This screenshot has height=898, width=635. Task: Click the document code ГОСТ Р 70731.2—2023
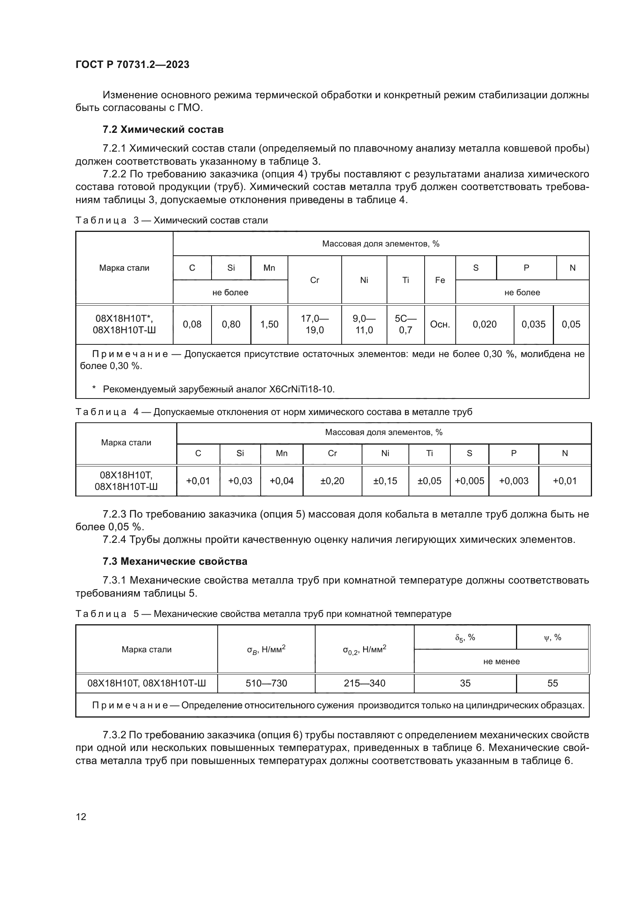pyautogui.click(x=132, y=64)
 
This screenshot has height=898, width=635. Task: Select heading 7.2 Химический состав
pyautogui.click(x=163, y=129)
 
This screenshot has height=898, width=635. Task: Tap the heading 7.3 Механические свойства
pyautogui.click(x=175, y=561)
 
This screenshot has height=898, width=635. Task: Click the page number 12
pyautogui.click(x=81, y=817)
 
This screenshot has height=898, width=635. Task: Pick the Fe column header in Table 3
pyautogui.click(x=440, y=280)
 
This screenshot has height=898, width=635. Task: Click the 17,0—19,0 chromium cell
pyautogui.click(x=314, y=324)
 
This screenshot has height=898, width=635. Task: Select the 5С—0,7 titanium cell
pyautogui.click(x=405, y=324)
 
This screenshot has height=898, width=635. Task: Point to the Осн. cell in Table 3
pyautogui.click(x=440, y=324)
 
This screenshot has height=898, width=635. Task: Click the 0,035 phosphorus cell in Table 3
pyautogui.click(x=533, y=324)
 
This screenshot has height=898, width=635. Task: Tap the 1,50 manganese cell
pyautogui.click(x=270, y=324)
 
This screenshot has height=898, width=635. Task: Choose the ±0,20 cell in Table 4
pyautogui.click(x=332, y=481)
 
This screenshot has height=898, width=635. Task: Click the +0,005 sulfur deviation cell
pyautogui.click(x=469, y=481)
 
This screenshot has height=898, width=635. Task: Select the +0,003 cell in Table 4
pyautogui.click(x=513, y=481)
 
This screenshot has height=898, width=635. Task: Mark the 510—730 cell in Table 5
pyautogui.click(x=266, y=683)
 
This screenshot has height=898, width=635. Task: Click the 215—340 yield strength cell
pyautogui.click(x=364, y=683)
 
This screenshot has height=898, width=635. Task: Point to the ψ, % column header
pyautogui.click(x=552, y=638)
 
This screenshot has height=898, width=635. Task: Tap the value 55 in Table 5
pyautogui.click(x=552, y=683)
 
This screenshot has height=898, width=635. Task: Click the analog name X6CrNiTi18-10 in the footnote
pyautogui.click(x=301, y=389)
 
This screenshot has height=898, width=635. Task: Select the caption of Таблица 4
pyautogui.click(x=273, y=412)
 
